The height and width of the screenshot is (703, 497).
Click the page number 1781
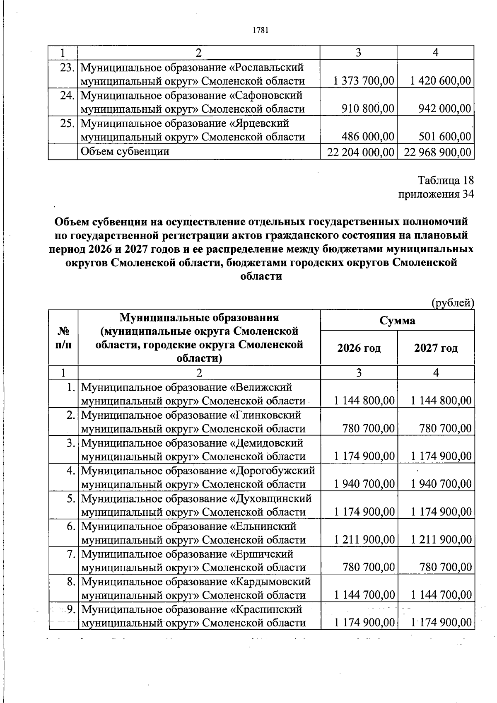click(261, 30)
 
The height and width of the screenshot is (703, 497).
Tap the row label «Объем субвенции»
click(125, 152)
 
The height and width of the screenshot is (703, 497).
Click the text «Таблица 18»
click(445, 181)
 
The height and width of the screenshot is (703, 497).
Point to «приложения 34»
click(435, 194)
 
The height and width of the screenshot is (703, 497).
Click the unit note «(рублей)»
click(453, 303)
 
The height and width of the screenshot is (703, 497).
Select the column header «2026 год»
click(359, 348)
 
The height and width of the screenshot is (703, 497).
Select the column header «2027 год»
click(436, 348)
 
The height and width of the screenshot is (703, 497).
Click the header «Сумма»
click(397, 320)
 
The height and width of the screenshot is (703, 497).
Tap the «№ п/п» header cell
click(63, 338)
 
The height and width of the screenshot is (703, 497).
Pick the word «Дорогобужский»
click(275, 471)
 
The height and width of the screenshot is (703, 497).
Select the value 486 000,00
click(368, 137)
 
